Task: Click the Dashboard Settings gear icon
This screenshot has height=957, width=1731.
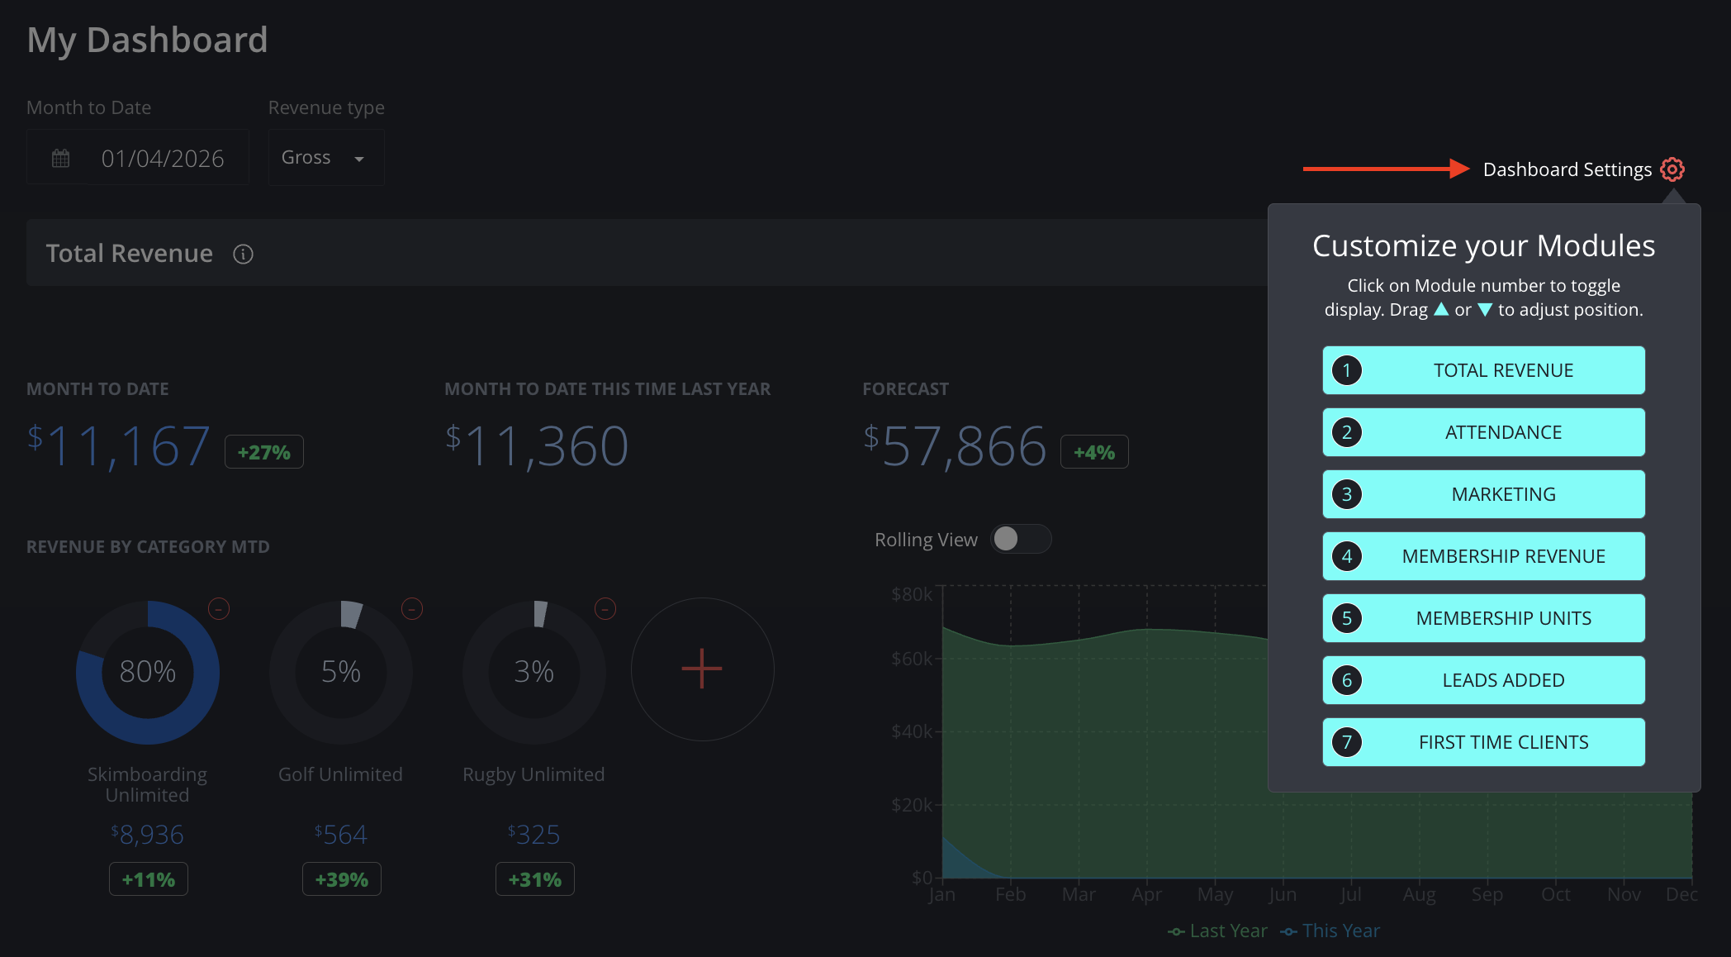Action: click(x=1672, y=169)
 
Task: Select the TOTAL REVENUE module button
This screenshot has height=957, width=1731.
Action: click(x=1483, y=370)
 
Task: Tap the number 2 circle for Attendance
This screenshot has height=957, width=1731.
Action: click(x=1347, y=432)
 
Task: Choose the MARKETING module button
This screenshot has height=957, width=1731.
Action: click(x=1483, y=494)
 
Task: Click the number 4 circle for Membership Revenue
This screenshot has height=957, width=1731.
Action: click(x=1347, y=556)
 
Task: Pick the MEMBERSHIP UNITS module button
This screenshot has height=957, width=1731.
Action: click(x=1483, y=618)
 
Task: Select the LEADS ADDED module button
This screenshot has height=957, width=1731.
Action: click(x=1483, y=680)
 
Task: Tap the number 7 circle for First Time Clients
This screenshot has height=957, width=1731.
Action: click(x=1347, y=742)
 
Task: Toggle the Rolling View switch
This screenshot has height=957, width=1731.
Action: click(x=1021, y=539)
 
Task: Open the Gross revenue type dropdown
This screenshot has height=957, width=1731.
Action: click(x=326, y=157)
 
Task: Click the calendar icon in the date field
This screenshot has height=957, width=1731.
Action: click(x=61, y=158)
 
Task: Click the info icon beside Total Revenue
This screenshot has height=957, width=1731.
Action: click(x=243, y=254)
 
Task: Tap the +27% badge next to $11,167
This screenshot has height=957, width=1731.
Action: click(x=264, y=452)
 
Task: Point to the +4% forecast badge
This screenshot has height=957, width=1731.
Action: click(x=1094, y=452)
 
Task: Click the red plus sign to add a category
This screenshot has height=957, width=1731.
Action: click(x=702, y=669)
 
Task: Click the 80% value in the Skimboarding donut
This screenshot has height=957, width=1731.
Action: click(x=148, y=672)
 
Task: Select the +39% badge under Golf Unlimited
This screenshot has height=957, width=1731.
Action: click(x=342, y=879)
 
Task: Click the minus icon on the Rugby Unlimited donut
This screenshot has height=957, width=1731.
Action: click(x=605, y=609)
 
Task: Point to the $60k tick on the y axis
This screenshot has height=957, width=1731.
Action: click(x=912, y=659)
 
